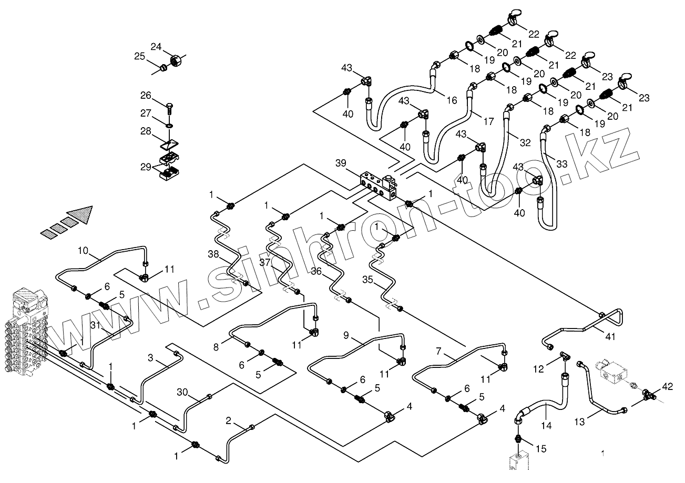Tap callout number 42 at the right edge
tap(667, 387)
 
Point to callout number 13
tap(579, 421)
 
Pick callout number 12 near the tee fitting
tap(538, 369)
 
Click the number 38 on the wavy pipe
tap(213, 254)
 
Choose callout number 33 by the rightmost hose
tap(561, 164)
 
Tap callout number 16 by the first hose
tap(452, 100)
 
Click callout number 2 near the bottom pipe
tap(228, 420)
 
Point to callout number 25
tap(139, 57)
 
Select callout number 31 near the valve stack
tap(95, 326)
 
